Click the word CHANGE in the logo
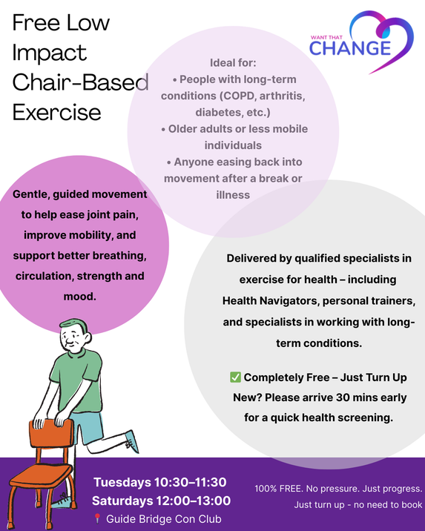[350, 48]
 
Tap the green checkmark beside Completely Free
[235, 377]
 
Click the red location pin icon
[97, 518]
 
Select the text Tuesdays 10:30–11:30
[160, 482]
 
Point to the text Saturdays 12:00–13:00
[161, 501]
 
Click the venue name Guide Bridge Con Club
[164, 519]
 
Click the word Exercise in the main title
[57, 113]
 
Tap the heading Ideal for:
[233, 62]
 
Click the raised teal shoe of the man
[132, 441]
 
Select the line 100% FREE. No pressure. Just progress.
[339, 489]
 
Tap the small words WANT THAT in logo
[326, 37]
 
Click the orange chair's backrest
[51, 433]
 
